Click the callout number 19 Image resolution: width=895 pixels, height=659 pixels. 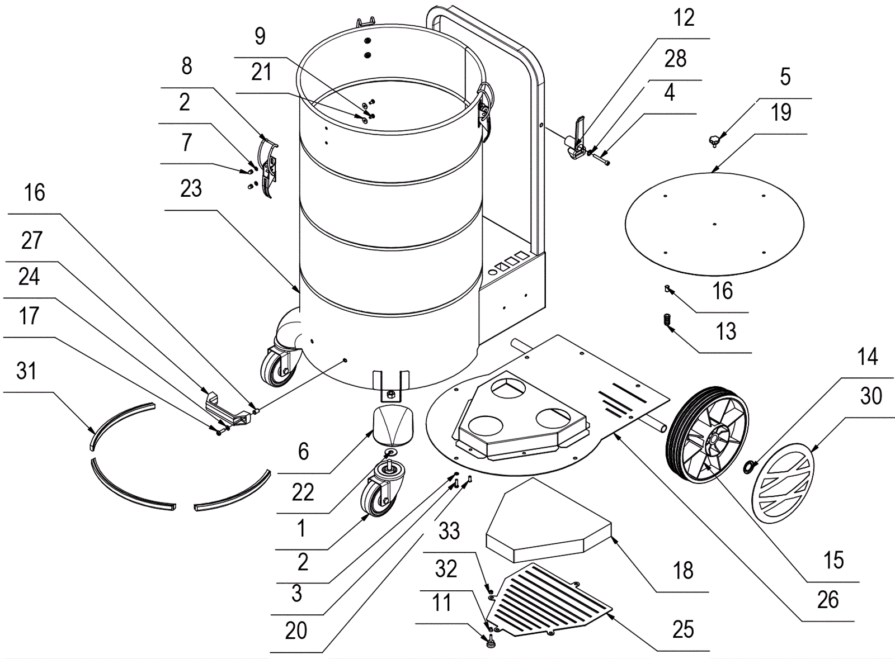781,113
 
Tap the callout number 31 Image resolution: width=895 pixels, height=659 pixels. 26,371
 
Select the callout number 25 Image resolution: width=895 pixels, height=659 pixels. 683,629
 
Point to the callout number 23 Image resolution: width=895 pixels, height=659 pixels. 191,189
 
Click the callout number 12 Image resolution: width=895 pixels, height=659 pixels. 684,18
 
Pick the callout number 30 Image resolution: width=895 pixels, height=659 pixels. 870,396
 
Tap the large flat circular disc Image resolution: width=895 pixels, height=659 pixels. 714,224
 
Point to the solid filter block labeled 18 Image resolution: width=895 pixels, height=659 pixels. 548,520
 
